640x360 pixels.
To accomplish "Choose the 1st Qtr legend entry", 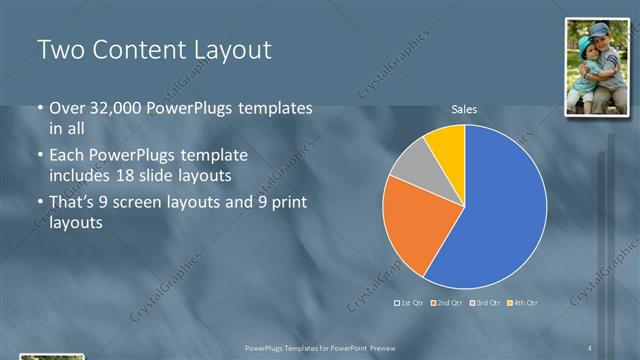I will (x=409, y=302).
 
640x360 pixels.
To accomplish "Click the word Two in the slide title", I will (x=60, y=50).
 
